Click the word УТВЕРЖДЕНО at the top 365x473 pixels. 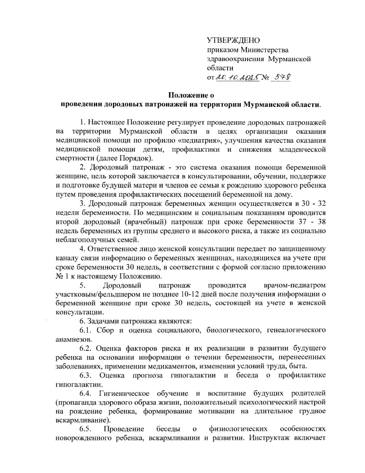tap(233, 40)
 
